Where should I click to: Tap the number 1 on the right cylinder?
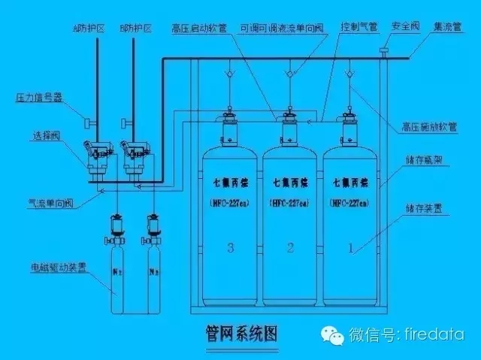click(349, 247)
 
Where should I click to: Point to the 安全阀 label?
click(404, 26)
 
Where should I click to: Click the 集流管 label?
click(448, 26)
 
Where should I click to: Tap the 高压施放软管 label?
click(434, 126)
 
